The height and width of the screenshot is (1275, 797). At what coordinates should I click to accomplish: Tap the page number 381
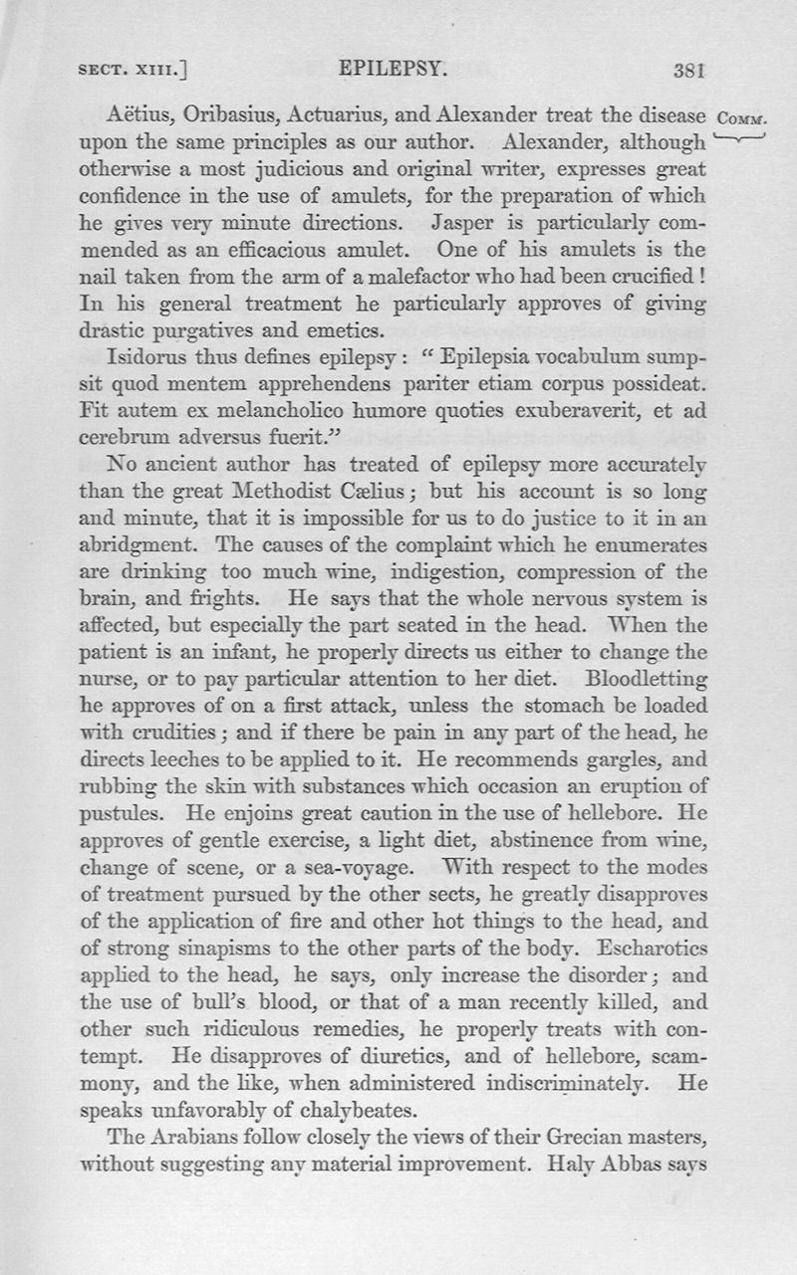pos(689,71)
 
